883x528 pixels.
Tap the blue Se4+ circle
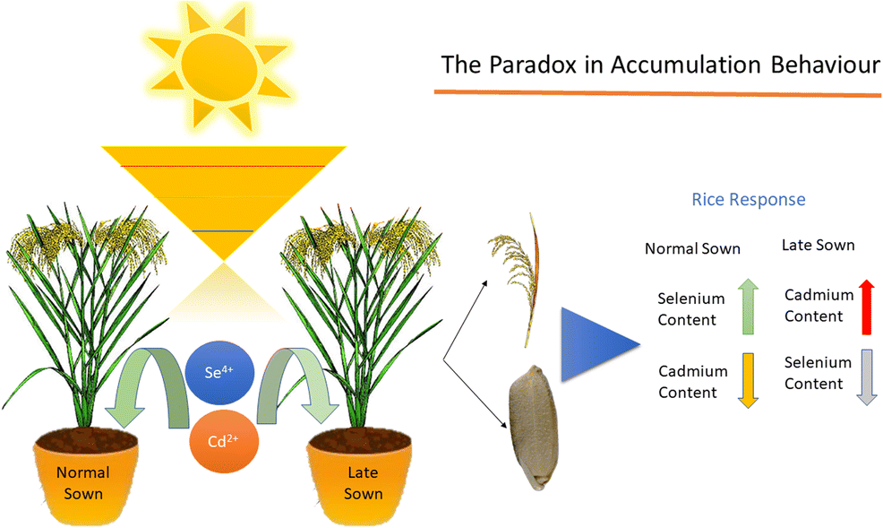pos(217,372)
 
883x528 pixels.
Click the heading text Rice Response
pos(749,199)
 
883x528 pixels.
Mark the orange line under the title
pos(657,92)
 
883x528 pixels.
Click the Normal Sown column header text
pos(693,248)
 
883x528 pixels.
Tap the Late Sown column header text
pos(818,244)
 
